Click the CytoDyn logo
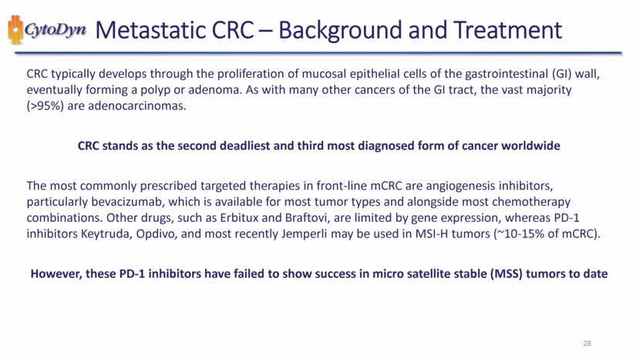click(x=47, y=30)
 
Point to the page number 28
click(x=587, y=343)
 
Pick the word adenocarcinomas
click(x=137, y=106)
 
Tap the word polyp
click(x=155, y=89)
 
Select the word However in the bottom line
click(x=56, y=274)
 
